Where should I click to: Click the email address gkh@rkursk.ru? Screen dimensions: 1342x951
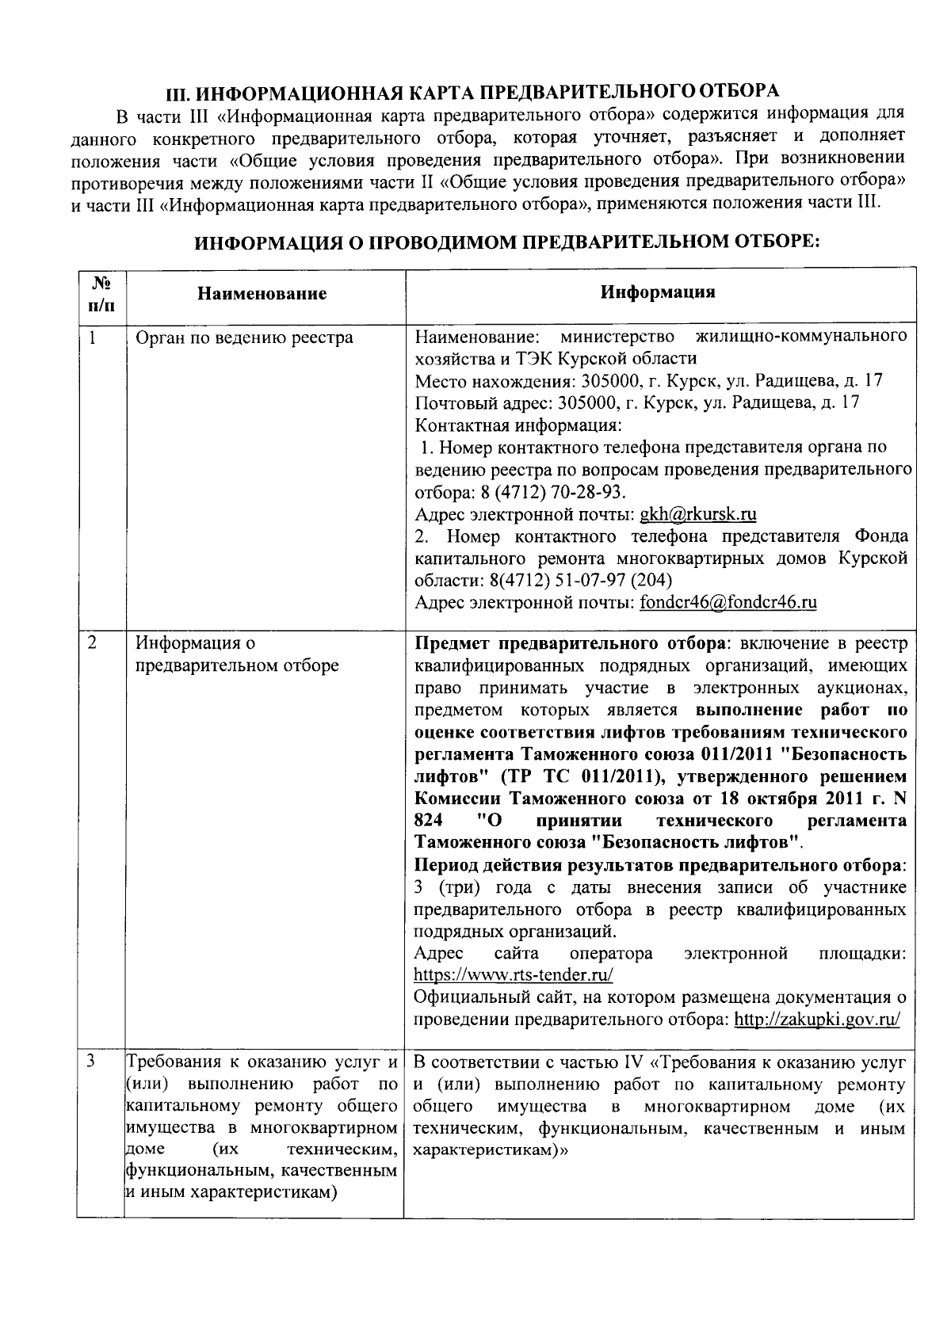tap(697, 514)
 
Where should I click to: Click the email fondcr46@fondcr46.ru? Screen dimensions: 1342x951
tap(728, 602)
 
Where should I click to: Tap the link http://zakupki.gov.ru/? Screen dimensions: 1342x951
tap(816, 1019)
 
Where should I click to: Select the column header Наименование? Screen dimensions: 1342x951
tap(262, 294)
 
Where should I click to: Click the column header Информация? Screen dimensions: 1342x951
tap(658, 292)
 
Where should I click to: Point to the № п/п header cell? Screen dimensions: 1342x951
tap(101, 294)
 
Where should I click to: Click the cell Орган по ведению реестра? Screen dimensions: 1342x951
tap(244, 338)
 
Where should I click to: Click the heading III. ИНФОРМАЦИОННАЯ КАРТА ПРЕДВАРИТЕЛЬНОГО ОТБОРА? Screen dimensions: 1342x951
tap(472, 92)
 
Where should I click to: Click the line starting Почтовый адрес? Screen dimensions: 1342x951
tap(637, 402)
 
